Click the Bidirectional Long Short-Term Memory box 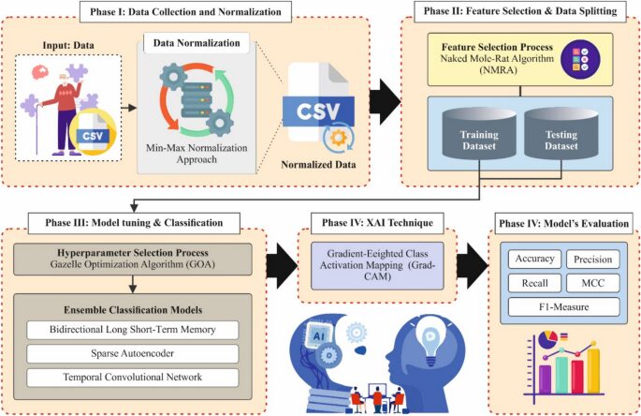click(131, 330)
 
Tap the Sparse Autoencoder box click(131, 353)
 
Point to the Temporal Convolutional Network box click(131, 377)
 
